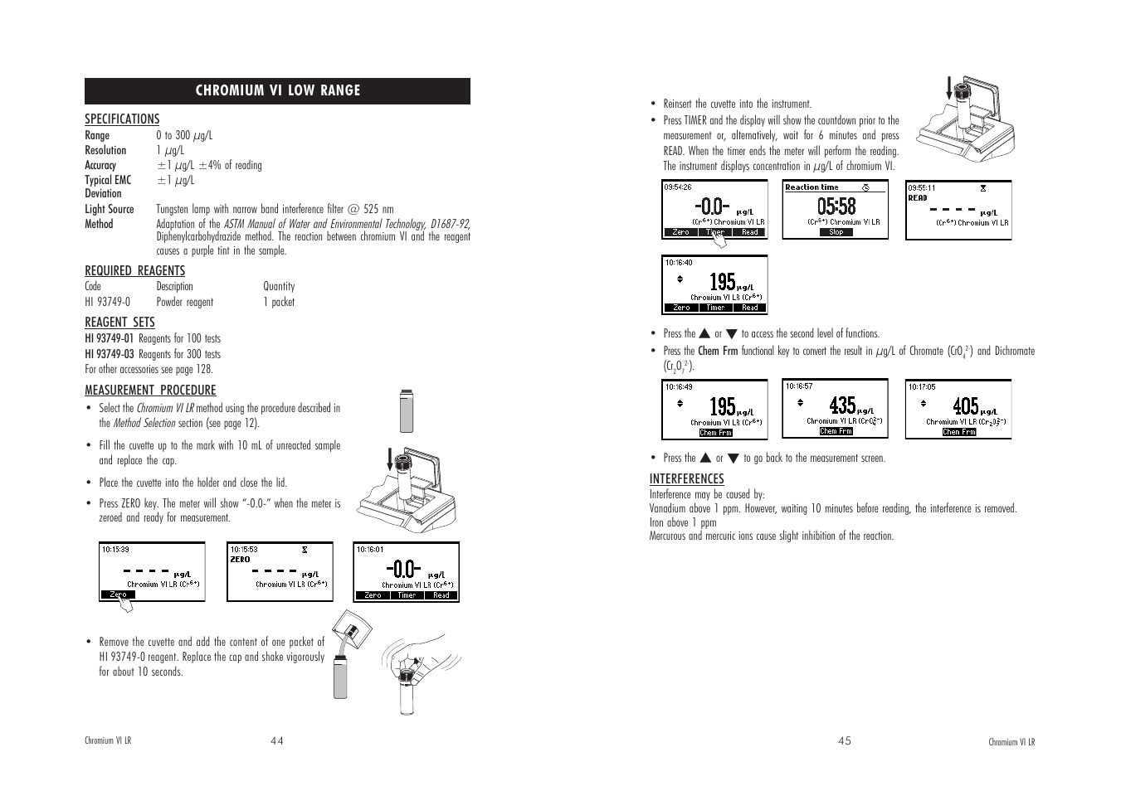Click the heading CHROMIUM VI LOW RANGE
[x=277, y=90]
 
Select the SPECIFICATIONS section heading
[x=122, y=119]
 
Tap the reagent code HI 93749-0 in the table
[x=107, y=303]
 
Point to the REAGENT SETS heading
[x=119, y=323]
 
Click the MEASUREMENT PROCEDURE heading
[x=150, y=391]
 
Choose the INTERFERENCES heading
[x=686, y=479]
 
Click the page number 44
[x=276, y=741]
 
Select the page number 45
[x=844, y=741]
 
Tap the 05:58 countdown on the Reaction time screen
[x=836, y=206]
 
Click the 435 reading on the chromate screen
[x=842, y=405]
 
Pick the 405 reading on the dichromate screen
[x=965, y=405]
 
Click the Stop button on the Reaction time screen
[x=836, y=232]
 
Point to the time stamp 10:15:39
[x=115, y=549]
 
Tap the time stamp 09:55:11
[x=921, y=187]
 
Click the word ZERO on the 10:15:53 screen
[x=240, y=560]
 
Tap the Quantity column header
[x=279, y=287]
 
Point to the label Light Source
[x=109, y=210]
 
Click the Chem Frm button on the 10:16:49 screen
[x=715, y=433]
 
